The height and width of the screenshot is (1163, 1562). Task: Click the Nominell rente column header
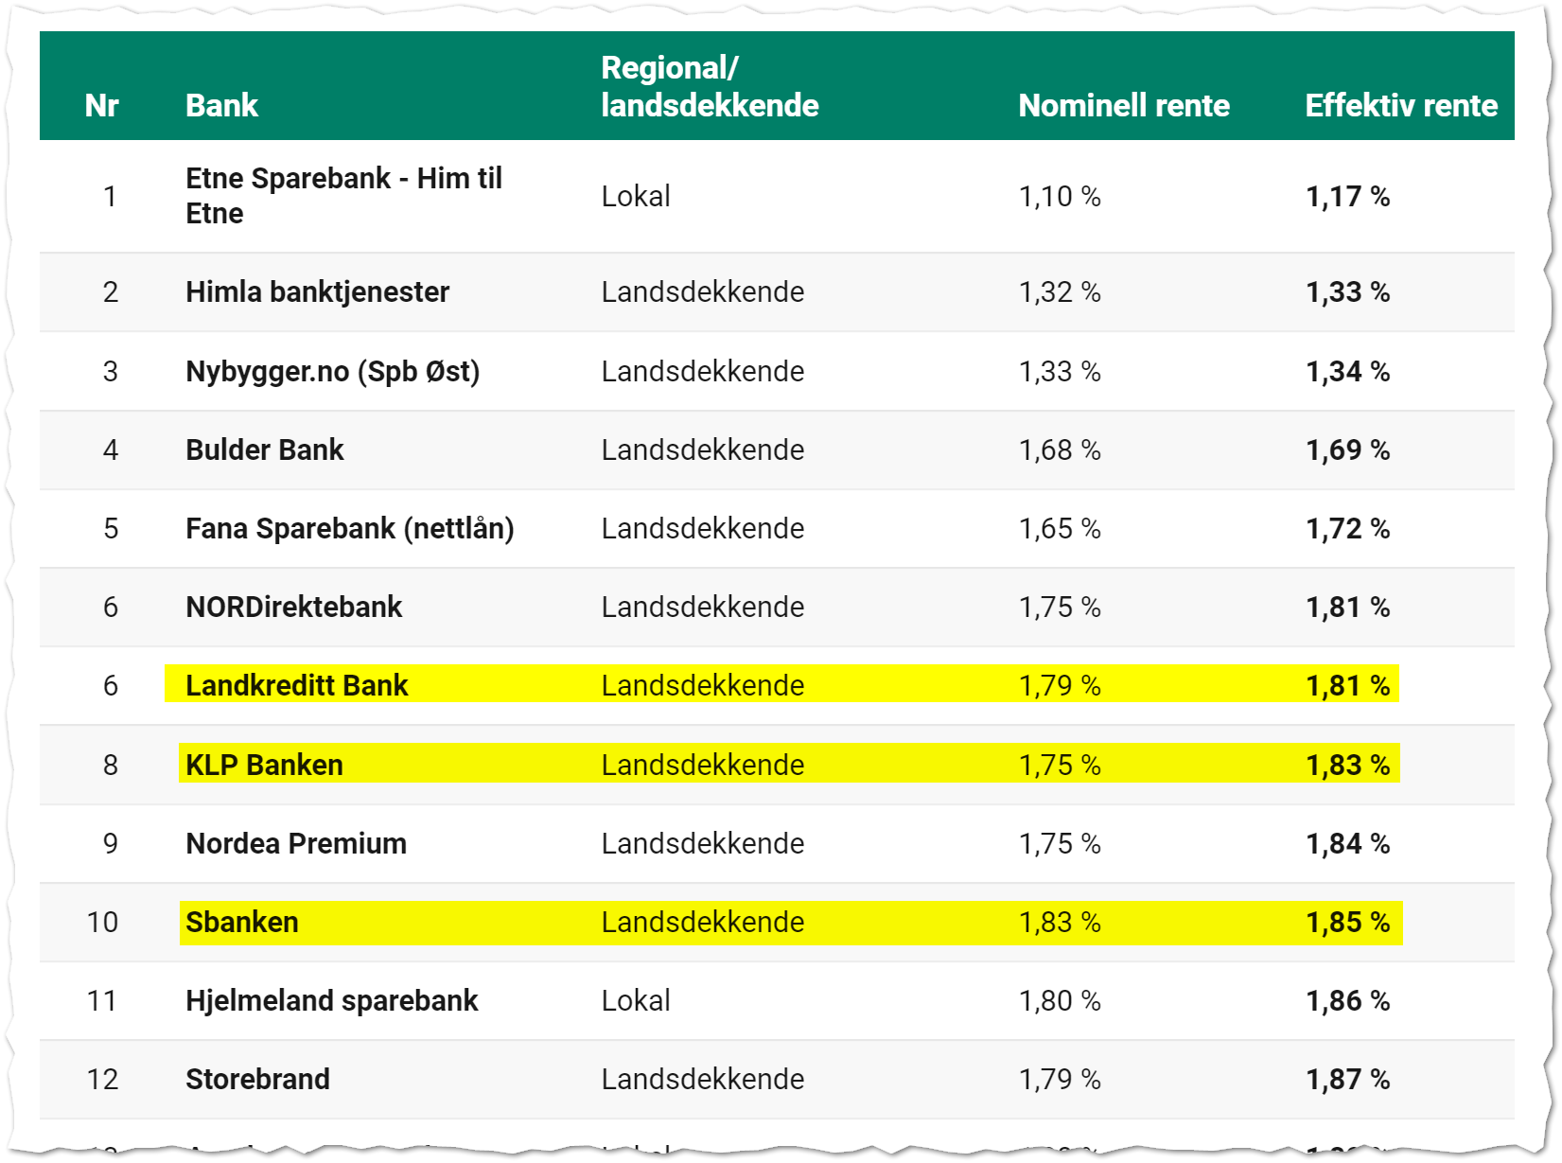click(1123, 105)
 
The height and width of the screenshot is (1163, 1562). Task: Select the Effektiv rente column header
click(1400, 105)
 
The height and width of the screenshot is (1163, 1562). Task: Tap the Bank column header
click(221, 105)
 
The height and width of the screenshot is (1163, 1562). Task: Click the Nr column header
click(101, 105)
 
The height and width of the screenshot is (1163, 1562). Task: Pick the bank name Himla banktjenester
click(317, 291)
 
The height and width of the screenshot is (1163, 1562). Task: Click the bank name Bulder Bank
click(264, 449)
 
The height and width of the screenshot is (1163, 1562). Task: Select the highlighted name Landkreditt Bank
click(296, 685)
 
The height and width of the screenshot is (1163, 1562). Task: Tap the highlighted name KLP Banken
click(264, 765)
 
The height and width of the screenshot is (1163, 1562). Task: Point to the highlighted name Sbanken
click(241, 922)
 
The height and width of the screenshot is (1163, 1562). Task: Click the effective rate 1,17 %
click(1347, 196)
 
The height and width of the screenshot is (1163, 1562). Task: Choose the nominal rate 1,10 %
click(1059, 196)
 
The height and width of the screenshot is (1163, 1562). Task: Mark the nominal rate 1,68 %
click(1059, 449)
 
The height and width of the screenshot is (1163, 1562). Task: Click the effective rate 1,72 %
click(1347, 528)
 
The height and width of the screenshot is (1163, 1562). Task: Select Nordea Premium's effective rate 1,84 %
click(1347, 843)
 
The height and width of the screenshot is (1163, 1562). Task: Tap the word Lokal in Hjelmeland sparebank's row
click(635, 1000)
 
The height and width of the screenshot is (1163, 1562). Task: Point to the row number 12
click(102, 1079)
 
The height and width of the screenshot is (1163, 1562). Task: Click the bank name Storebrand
click(257, 1079)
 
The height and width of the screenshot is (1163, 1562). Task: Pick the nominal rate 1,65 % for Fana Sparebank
click(1059, 528)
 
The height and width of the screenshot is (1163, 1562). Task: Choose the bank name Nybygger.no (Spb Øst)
click(332, 371)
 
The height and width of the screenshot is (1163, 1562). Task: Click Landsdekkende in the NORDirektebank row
click(702, 607)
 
